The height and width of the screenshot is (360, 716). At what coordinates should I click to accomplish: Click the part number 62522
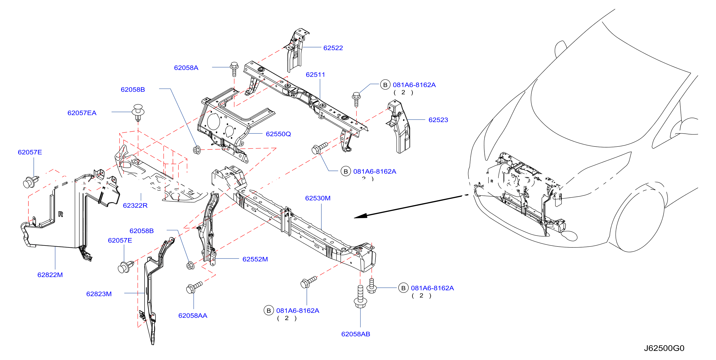(333, 48)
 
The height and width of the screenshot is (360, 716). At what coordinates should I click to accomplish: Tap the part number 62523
(438, 120)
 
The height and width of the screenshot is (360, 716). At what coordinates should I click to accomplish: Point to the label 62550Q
(278, 134)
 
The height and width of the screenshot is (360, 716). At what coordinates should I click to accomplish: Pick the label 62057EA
(82, 113)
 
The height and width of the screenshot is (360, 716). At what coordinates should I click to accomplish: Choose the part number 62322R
(135, 205)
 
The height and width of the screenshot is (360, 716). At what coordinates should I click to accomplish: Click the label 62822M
(50, 275)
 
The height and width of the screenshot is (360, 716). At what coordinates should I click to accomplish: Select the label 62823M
(99, 294)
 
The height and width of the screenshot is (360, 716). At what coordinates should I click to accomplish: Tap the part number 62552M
(255, 259)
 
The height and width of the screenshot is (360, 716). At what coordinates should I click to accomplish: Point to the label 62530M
(318, 198)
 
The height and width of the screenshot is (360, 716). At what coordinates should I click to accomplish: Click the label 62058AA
(193, 316)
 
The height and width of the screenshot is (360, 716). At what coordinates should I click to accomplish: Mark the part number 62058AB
(356, 334)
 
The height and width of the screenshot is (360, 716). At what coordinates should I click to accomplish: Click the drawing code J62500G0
(664, 348)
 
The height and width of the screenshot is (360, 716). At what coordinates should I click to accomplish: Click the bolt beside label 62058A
(234, 69)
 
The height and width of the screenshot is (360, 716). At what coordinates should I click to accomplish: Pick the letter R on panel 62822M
(61, 214)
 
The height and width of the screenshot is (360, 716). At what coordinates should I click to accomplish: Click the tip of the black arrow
(354, 218)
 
